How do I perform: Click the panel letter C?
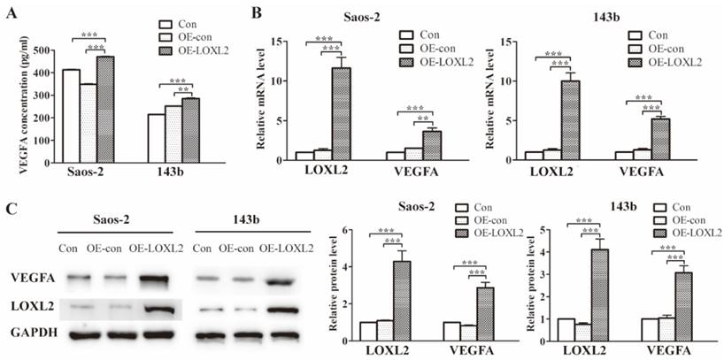10,209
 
